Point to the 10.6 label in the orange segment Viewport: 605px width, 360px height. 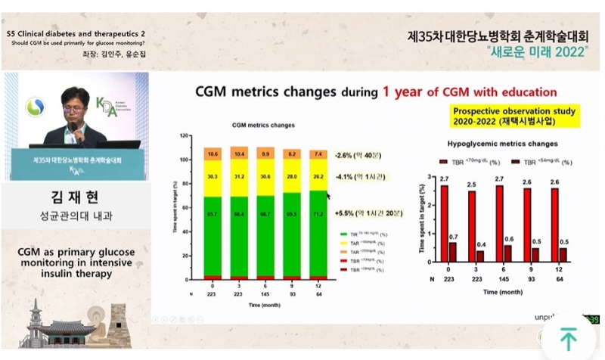pos(213,154)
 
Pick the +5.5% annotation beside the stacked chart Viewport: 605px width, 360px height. pos(365,215)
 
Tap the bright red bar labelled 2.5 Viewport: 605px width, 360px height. pos(472,227)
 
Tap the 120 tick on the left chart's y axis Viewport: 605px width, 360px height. pos(185,136)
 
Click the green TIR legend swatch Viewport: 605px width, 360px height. pos(344,235)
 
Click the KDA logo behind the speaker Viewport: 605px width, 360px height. pos(106,105)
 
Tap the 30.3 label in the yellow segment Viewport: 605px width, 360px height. pos(213,178)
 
